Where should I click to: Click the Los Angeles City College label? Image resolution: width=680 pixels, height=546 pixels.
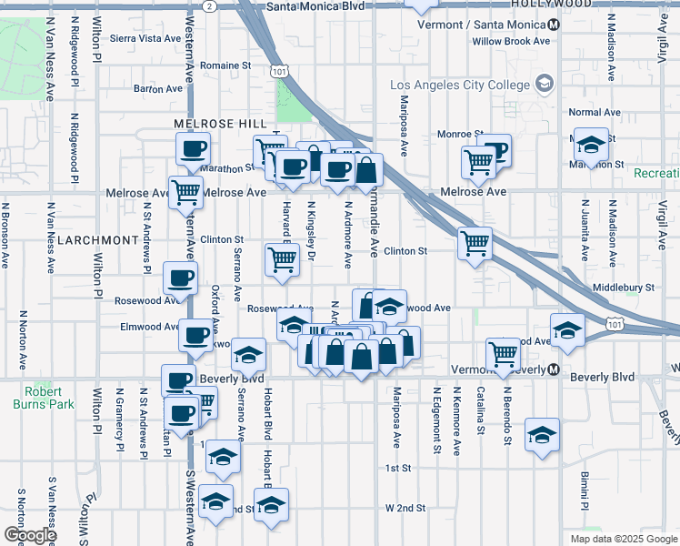click(x=459, y=85)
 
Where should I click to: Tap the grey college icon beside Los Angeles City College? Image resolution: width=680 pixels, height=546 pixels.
click(x=545, y=85)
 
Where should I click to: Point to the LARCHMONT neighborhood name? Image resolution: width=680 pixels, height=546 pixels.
click(x=95, y=239)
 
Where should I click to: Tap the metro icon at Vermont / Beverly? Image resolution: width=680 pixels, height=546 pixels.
click(x=552, y=369)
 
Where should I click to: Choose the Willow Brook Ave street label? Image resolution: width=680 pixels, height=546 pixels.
click(x=511, y=41)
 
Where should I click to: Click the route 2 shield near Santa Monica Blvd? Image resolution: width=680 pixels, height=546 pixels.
click(x=210, y=5)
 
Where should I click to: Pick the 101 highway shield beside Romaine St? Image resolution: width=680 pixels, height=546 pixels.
click(x=280, y=70)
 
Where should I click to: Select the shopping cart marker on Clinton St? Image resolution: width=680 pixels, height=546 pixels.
click(x=475, y=244)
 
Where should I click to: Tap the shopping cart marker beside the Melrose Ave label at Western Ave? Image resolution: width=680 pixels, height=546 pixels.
click(x=186, y=192)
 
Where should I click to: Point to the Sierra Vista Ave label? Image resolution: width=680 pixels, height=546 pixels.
click(x=145, y=38)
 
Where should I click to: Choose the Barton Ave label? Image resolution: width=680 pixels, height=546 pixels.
click(x=158, y=88)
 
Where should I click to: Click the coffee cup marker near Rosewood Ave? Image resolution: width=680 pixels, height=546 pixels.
click(x=179, y=278)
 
